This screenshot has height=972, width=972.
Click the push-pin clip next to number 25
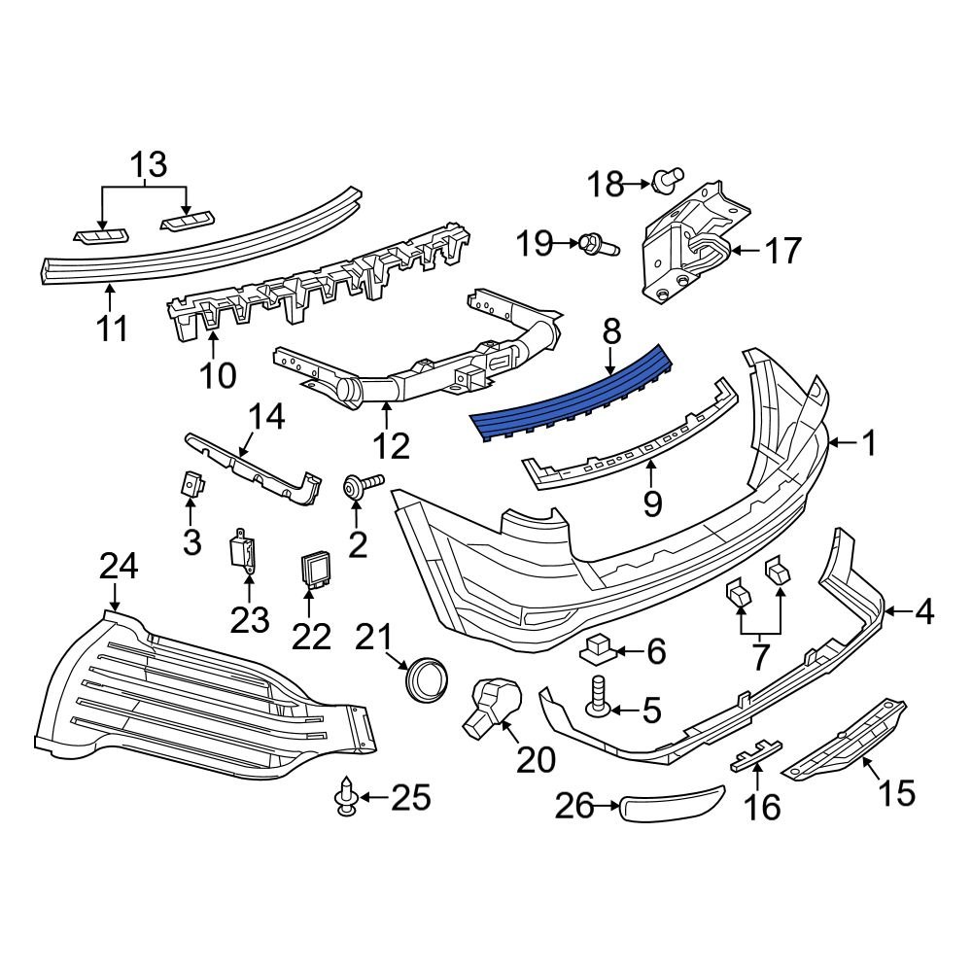point(345,800)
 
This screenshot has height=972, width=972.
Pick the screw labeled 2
point(359,486)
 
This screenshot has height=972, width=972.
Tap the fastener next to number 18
point(666,180)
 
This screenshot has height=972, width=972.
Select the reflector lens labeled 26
point(674,804)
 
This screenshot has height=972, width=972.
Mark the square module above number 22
point(316,569)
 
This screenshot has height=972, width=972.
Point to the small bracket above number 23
point(244,552)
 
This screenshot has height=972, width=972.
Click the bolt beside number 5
point(597,699)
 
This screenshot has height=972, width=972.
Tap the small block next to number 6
point(601,647)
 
